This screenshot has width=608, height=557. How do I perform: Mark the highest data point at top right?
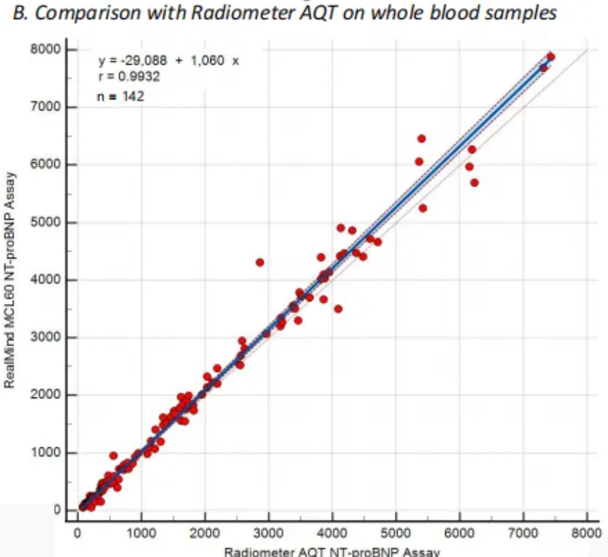coord(551,57)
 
